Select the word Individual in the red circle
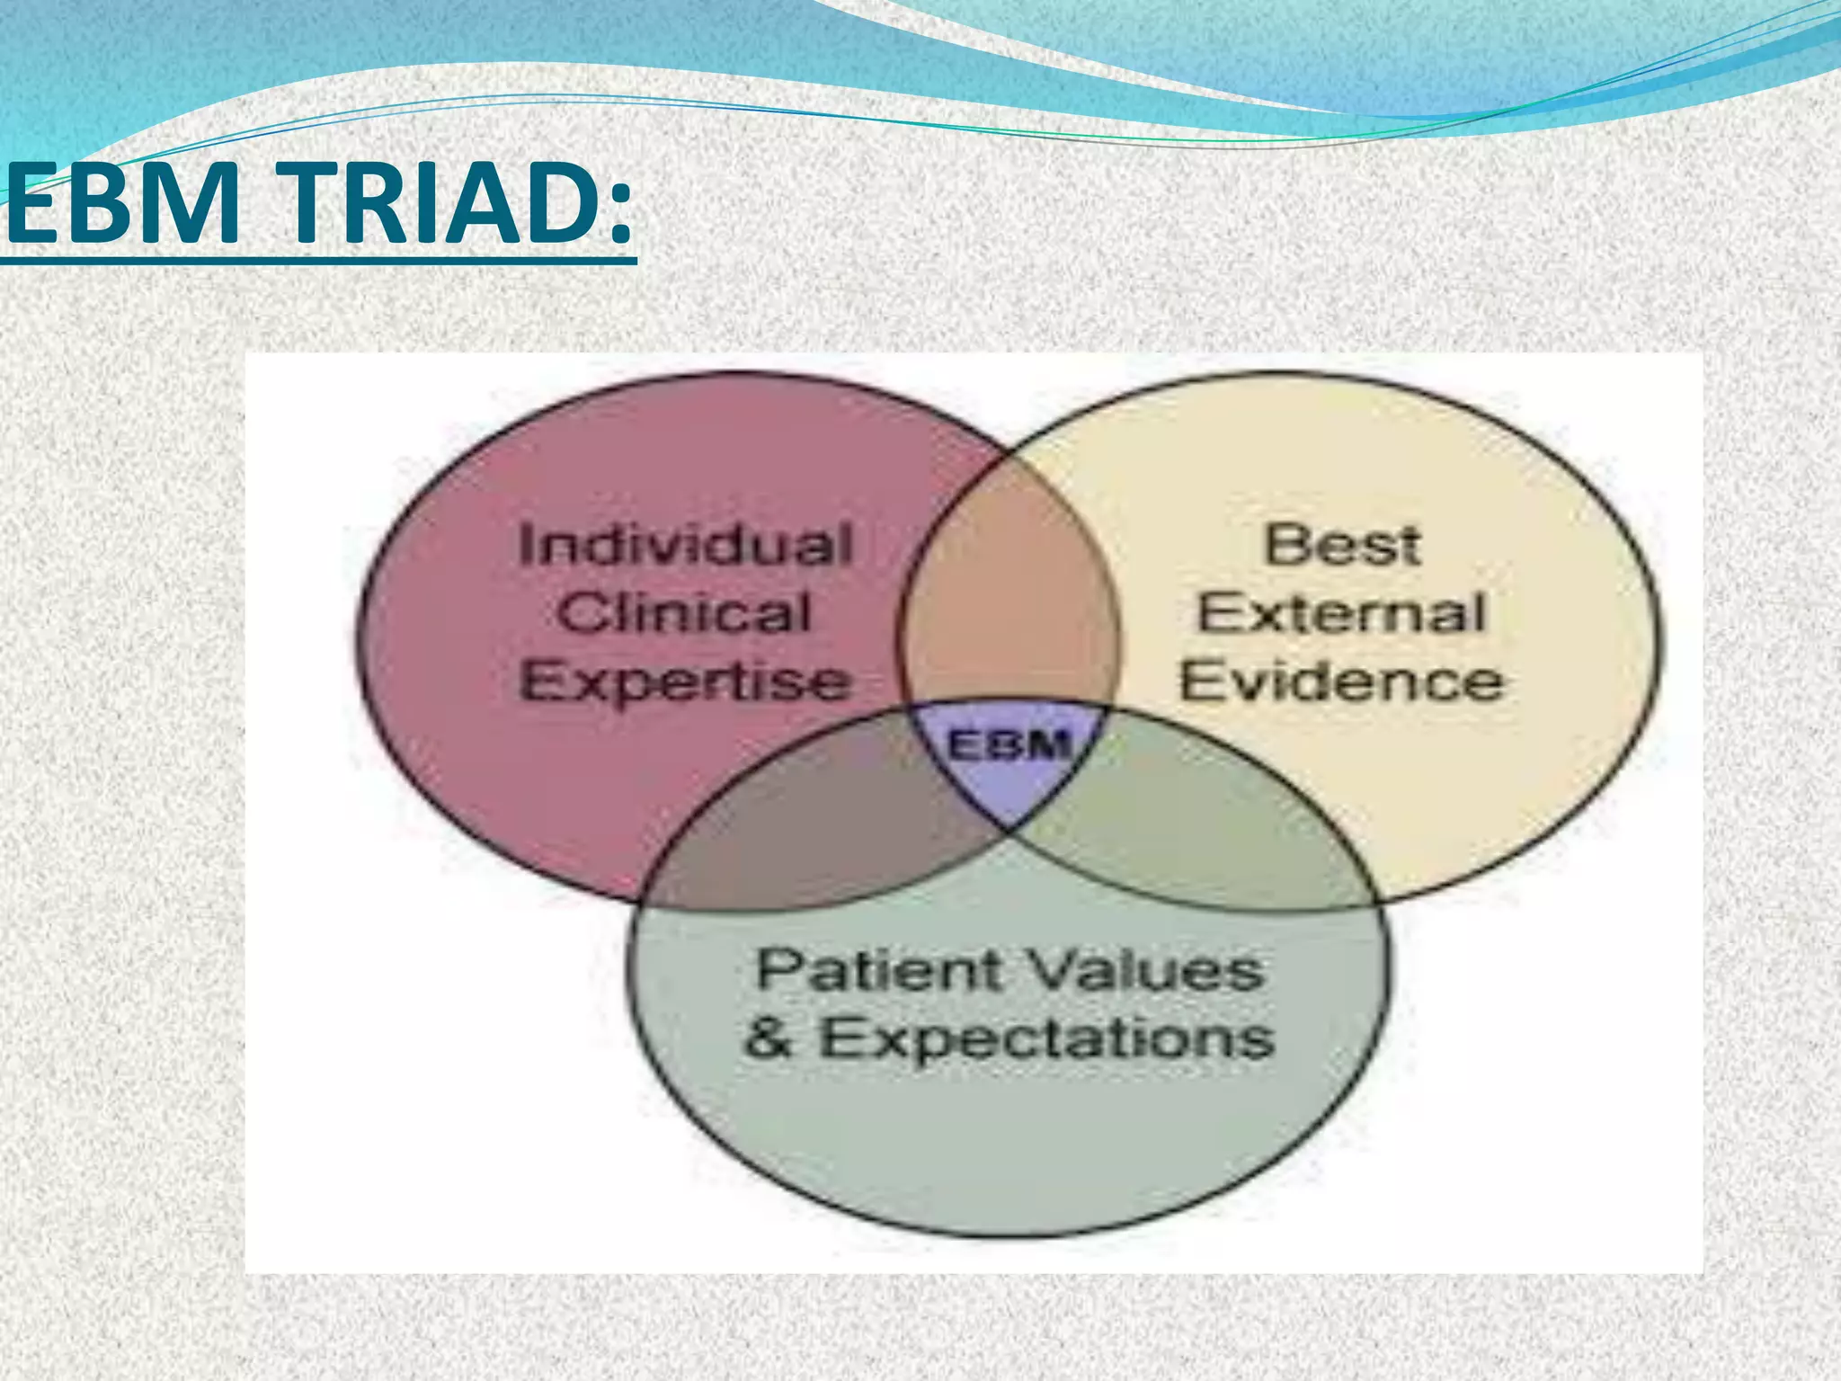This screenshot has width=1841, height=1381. click(x=685, y=546)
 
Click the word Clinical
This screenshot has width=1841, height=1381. click(x=685, y=613)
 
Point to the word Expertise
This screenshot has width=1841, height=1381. click(x=685, y=682)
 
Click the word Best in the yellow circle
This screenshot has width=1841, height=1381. click(x=1342, y=546)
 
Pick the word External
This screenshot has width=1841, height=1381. click(x=1342, y=613)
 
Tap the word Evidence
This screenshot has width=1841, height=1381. click(x=1342, y=682)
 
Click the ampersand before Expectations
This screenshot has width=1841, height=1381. click(x=769, y=1038)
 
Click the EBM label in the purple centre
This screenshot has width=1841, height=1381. click(x=1009, y=745)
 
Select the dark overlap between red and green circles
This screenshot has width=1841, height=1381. click(x=809, y=827)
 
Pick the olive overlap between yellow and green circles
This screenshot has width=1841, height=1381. click(x=1205, y=827)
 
